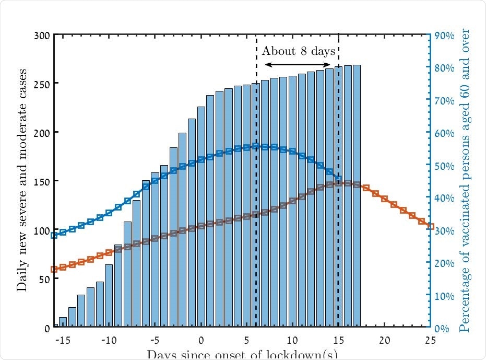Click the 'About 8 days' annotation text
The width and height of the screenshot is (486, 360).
coord(298,51)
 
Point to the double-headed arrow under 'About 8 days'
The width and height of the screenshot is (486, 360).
coord(298,64)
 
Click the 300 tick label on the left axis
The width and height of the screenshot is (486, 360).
coord(42,36)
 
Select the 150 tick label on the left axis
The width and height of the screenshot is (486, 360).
coord(42,181)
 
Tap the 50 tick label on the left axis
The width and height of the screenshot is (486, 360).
coord(44,279)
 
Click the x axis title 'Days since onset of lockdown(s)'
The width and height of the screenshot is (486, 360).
coord(242,354)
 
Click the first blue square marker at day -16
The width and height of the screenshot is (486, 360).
coord(54,235)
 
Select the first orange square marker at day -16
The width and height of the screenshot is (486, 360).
coord(54,269)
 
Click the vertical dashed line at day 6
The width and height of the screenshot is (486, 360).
coord(256,209)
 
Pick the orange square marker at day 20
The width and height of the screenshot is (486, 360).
coord(384,199)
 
